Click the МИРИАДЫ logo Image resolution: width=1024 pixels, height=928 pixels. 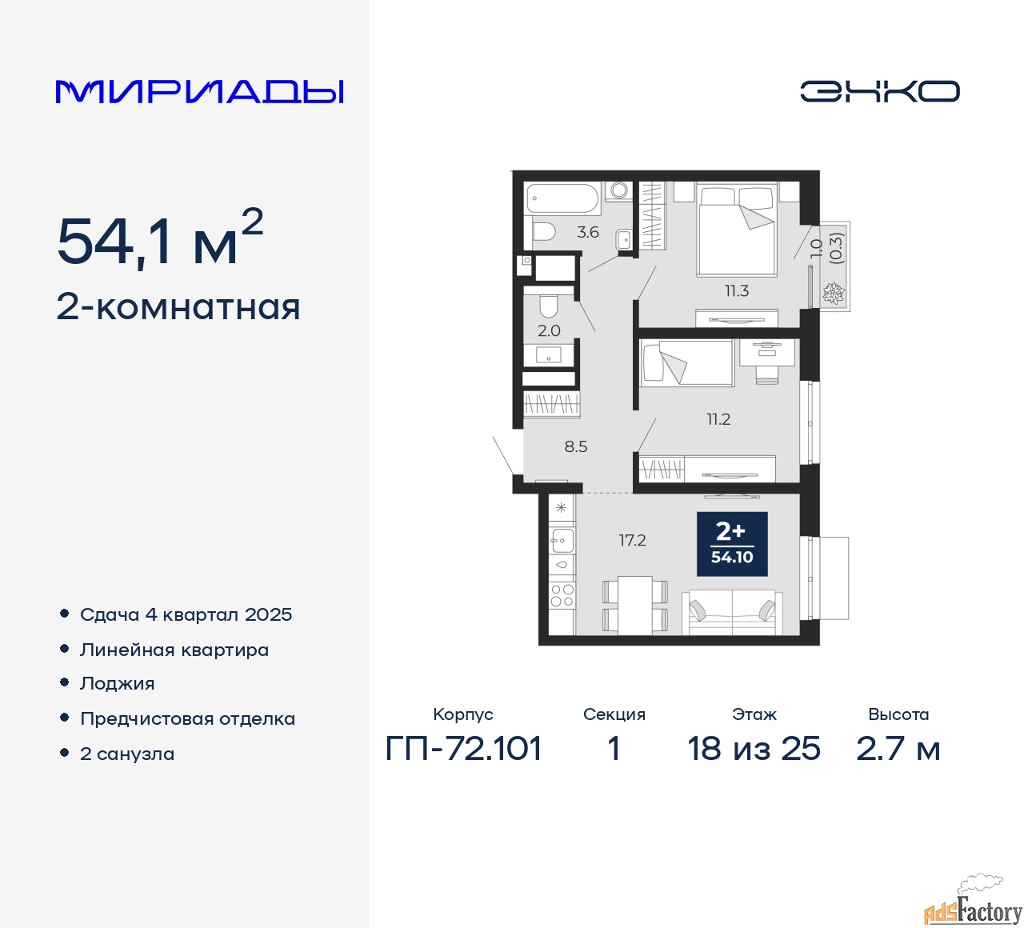[x=199, y=92]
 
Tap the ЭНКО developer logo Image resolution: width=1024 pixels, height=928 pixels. [x=879, y=91]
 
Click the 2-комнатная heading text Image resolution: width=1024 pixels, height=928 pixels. [x=178, y=308]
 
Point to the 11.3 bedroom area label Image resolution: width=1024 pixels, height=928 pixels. [x=737, y=291]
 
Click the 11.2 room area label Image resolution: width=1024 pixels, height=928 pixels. [x=718, y=419]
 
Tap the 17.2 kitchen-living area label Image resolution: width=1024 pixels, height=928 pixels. [x=633, y=540]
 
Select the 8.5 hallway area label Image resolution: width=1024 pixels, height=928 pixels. [x=576, y=446]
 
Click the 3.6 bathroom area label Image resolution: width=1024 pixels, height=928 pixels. [x=587, y=233]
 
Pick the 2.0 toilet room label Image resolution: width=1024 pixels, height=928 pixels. [x=549, y=330]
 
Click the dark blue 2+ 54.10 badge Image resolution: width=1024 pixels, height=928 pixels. [x=732, y=544]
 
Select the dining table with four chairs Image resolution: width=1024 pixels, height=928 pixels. [x=634, y=606]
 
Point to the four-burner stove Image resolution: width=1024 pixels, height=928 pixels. [x=562, y=595]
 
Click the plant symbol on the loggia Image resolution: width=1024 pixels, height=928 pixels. [x=833, y=294]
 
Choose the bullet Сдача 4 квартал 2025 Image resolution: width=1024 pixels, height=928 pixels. [x=186, y=614]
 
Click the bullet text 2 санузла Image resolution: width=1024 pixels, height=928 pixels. [x=127, y=754]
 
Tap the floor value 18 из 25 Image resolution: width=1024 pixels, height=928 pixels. [x=754, y=749]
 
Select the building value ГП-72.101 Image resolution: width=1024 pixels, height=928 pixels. [x=463, y=749]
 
